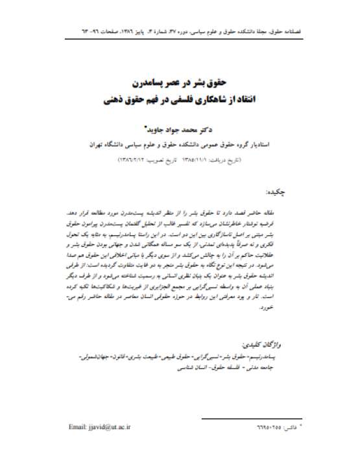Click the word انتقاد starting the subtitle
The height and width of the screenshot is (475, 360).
[x=254, y=100]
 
